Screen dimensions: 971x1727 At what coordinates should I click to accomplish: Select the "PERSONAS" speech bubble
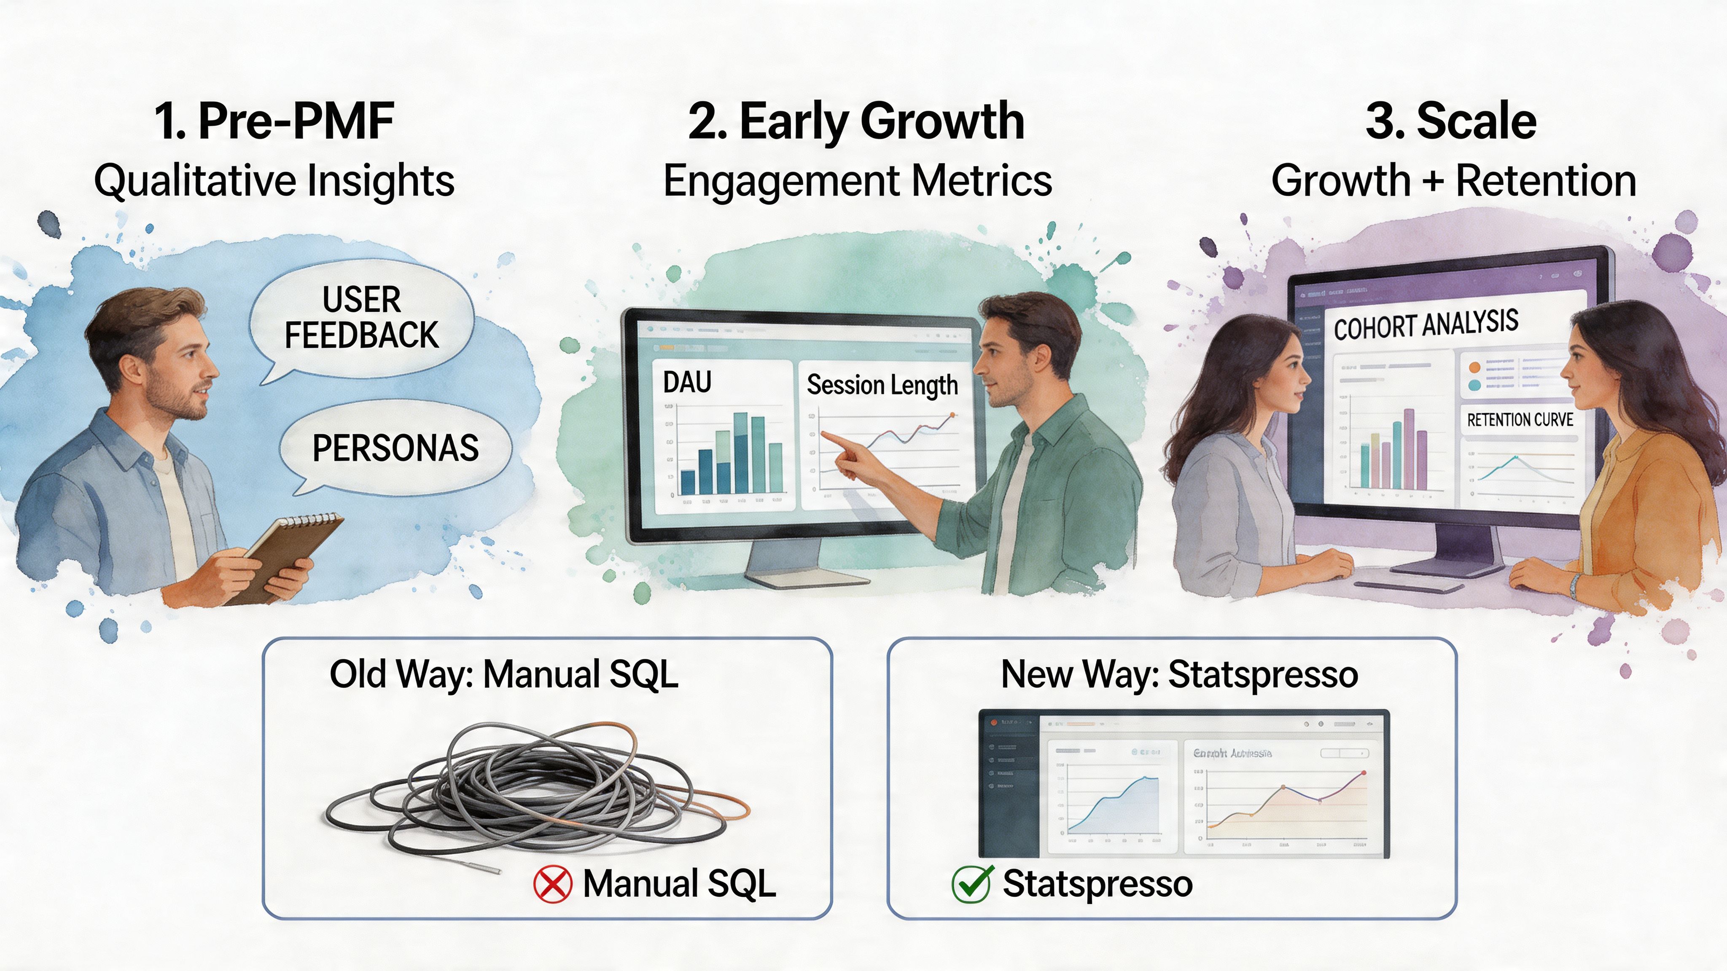click(x=395, y=448)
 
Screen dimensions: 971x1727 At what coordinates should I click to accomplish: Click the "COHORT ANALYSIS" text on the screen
click(x=1426, y=325)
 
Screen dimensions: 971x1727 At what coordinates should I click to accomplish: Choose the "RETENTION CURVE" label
click(x=1520, y=420)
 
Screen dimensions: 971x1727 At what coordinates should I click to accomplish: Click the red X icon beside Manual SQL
click(x=552, y=884)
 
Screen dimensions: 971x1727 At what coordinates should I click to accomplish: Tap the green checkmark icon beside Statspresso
click(x=971, y=884)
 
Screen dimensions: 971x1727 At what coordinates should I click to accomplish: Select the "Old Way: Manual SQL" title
click(x=504, y=674)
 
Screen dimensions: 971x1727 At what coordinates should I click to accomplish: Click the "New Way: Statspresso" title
click(x=1179, y=674)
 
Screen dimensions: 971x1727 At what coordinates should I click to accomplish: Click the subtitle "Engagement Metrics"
click(x=858, y=181)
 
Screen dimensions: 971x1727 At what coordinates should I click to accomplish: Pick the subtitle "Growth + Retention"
click(x=1453, y=181)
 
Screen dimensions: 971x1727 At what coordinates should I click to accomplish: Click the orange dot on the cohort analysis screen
click(x=1474, y=367)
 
